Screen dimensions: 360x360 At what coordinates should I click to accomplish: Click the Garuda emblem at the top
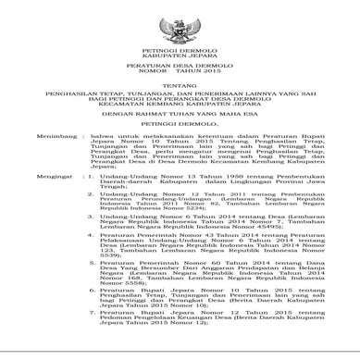click(180, 19)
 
